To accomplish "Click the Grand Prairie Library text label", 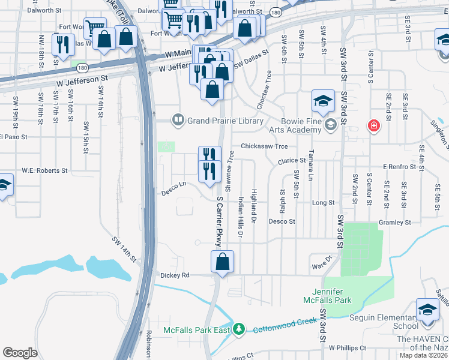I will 225,121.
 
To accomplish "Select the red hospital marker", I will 373,125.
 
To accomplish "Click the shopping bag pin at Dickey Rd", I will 222,262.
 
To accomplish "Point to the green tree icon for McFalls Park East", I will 239,329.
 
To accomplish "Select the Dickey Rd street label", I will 175,275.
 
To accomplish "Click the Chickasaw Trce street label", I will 264,146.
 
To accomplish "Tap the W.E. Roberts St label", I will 45,170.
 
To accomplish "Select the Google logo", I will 20,353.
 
